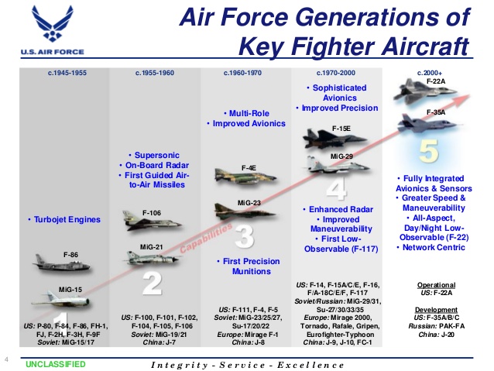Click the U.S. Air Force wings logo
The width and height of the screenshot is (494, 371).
[53, 24]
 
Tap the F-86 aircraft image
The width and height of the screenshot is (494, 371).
[61, 264]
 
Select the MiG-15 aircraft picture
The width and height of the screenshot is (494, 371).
[60, 301]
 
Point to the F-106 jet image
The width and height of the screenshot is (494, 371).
[152, 222]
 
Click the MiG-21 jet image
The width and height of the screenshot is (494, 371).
[150, 257]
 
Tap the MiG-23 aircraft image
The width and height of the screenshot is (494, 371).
[245, 212]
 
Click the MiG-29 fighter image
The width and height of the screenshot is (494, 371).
[338, 166]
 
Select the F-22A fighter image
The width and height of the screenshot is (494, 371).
[424, 90]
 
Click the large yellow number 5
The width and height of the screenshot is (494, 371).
[429, 151]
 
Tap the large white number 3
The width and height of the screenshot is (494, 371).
[245, 236]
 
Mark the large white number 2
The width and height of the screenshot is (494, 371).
[153, 283]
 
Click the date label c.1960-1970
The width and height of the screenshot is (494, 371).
[242, 73]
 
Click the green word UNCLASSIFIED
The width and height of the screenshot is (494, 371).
[56, 364]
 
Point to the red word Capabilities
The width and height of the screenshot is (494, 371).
[206, 238]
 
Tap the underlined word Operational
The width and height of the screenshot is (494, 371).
[437, 285]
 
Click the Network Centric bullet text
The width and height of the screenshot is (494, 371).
[431, 247]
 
